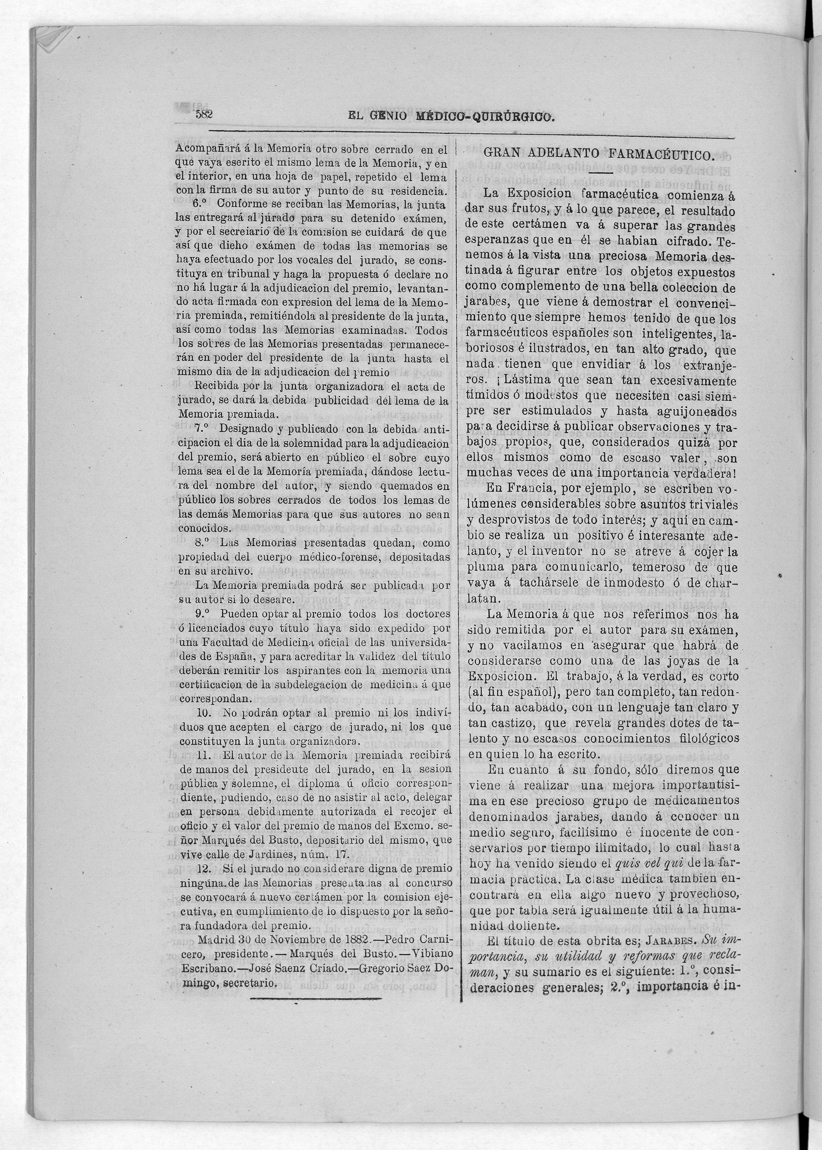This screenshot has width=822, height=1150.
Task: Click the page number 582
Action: [x=204, y=114]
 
